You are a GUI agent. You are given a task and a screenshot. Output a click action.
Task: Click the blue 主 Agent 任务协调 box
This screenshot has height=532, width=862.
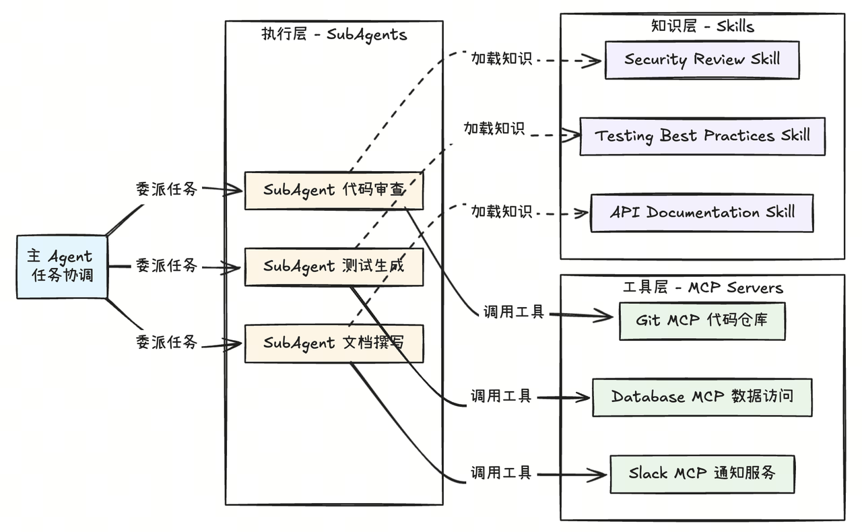[x=61, y=267]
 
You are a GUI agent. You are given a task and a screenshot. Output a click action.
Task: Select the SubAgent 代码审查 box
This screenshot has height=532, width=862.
[x=333, y=190]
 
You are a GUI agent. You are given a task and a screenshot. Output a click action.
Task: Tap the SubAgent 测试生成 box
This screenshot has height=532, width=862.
[x=333, y=267]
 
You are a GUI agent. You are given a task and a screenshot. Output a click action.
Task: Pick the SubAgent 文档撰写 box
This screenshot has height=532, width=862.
[x=333, y=343]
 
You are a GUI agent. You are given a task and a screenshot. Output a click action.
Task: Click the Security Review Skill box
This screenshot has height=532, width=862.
[x=702, y=60]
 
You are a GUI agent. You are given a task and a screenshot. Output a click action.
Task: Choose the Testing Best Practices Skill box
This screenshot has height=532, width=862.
[x=702, y=136]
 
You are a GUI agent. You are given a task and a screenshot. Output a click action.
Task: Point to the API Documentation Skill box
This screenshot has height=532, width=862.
[x=702, y=213]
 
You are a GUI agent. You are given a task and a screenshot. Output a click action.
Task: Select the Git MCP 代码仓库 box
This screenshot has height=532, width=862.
[x=702, y=321]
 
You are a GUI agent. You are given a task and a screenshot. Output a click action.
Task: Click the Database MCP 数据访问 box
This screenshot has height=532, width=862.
[x=702, y=397]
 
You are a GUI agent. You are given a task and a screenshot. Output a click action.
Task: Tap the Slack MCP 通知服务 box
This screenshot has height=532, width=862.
[x=702, y=473]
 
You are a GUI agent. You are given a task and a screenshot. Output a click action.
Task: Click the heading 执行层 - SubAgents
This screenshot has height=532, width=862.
[x=334, y=34]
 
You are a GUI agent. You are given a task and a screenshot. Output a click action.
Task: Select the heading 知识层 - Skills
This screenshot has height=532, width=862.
[x=702, y=26]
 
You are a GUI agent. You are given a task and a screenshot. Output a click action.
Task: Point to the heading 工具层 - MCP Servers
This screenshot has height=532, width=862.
[x=702, y=288]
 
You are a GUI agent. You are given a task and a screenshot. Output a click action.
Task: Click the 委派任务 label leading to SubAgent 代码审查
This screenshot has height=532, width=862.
[x=166, y=189]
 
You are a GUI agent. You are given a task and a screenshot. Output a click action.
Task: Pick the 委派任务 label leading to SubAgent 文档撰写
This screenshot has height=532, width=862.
[x=166, y=342]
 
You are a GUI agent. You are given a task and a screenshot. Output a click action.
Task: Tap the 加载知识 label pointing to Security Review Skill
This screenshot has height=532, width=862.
[x=501, y=59]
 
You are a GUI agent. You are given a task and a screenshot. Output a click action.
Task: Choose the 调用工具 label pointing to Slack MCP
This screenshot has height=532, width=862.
[x=501, y=473]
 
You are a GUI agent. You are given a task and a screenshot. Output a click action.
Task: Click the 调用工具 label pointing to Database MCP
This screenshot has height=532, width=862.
[x=501, y=396]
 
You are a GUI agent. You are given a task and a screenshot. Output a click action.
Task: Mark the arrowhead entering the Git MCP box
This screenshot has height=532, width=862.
[x=606, y=315]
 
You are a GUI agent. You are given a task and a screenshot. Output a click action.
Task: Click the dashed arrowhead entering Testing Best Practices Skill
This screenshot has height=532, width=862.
[x=572, y=135]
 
